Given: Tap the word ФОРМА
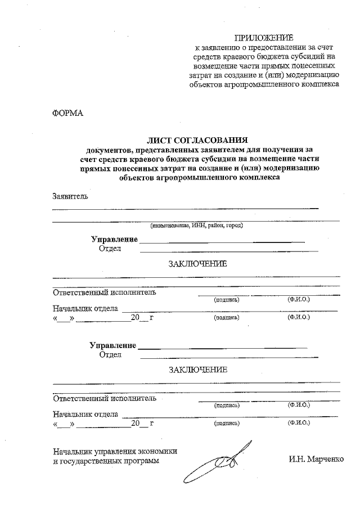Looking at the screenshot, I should point(67,113).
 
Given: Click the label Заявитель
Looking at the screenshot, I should point(70,197).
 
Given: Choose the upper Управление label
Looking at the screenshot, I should point(114,240).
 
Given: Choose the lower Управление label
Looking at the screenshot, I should point(113,345).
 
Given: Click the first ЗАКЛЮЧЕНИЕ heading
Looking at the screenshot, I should point(197,264).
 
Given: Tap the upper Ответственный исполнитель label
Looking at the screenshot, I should point(104,292).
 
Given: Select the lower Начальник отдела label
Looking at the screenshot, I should point(85,414).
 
